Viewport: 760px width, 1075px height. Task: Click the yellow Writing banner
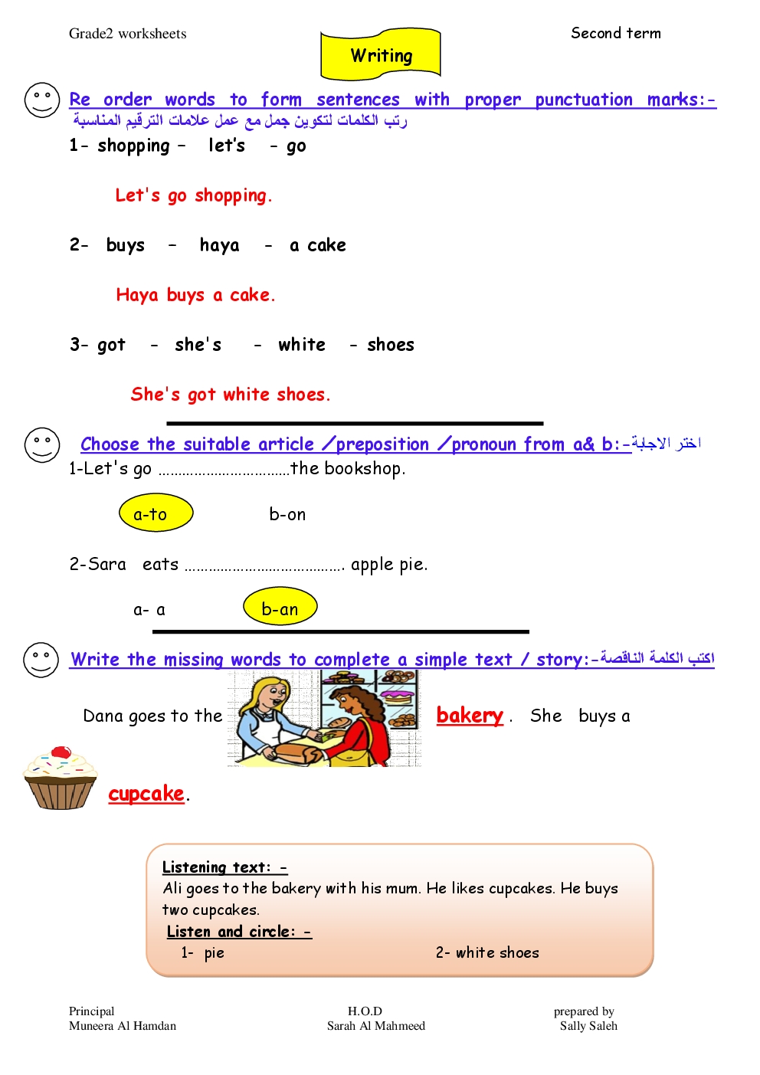tap(381, 54)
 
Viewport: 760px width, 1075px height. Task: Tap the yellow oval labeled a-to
tap(156, 513)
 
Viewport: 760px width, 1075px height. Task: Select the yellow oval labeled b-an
tap(280, 606)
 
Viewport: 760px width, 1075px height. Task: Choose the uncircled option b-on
tap(287, 514)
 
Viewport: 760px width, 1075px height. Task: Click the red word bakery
tap(470, 716)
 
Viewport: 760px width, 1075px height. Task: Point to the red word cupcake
tap(146, 795)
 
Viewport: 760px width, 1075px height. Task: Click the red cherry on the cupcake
tap(61, 752)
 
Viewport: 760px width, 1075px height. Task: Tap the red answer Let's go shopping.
tap(193, 195)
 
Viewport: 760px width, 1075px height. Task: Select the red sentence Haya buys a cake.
tap(195, 295)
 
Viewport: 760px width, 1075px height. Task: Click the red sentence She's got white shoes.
tap(231, 394)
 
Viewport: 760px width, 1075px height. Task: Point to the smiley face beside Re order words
tap(42, 100)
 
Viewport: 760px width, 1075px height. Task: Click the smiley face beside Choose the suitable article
tap(42, 445)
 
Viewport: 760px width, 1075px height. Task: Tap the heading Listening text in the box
tap(224, 867)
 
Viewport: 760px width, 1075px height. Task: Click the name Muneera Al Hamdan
tap(123, 1025)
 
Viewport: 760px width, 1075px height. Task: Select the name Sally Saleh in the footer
tap(588, 1025)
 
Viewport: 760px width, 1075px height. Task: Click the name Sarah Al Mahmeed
tap(375, 1025)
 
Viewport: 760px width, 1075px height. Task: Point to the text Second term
tap(615, 33)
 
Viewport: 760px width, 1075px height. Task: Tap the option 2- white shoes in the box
tap(487, 952)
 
